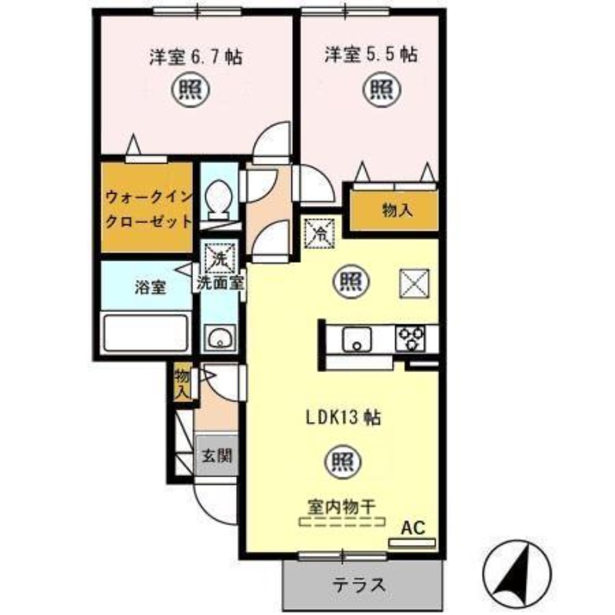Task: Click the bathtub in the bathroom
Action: click(146, 333)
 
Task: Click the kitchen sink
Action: click(357, 339)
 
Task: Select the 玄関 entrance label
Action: click(216, 454)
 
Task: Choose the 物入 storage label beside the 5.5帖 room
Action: click(397, 210)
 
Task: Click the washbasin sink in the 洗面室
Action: click(219, 337)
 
